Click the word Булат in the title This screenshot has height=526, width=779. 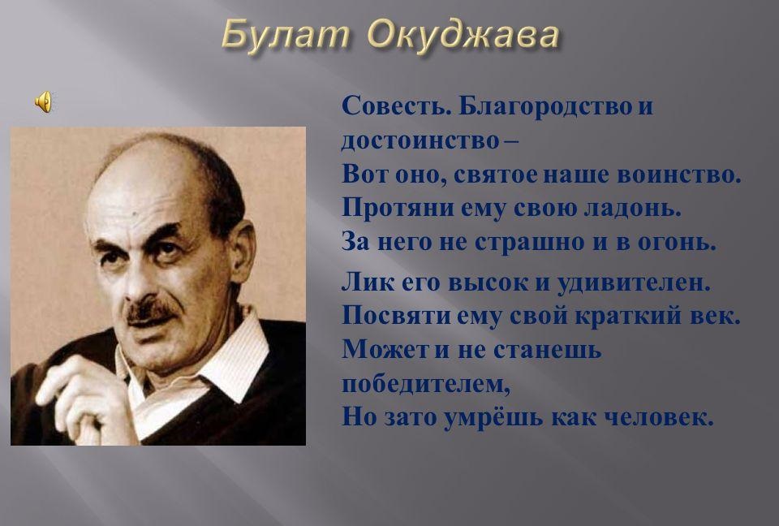[x=285, y=35]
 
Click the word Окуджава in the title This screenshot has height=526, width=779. [x=464, y=36]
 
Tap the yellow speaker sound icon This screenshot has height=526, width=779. [x=43, y=102]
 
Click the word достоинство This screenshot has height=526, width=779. [x=420, y=140]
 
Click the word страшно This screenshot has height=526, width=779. [x=529, y=242]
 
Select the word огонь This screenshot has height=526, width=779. [x=677, y=243]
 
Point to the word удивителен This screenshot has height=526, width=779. [x=634, y=282]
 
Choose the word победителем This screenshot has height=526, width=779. [x=426, y=384]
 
